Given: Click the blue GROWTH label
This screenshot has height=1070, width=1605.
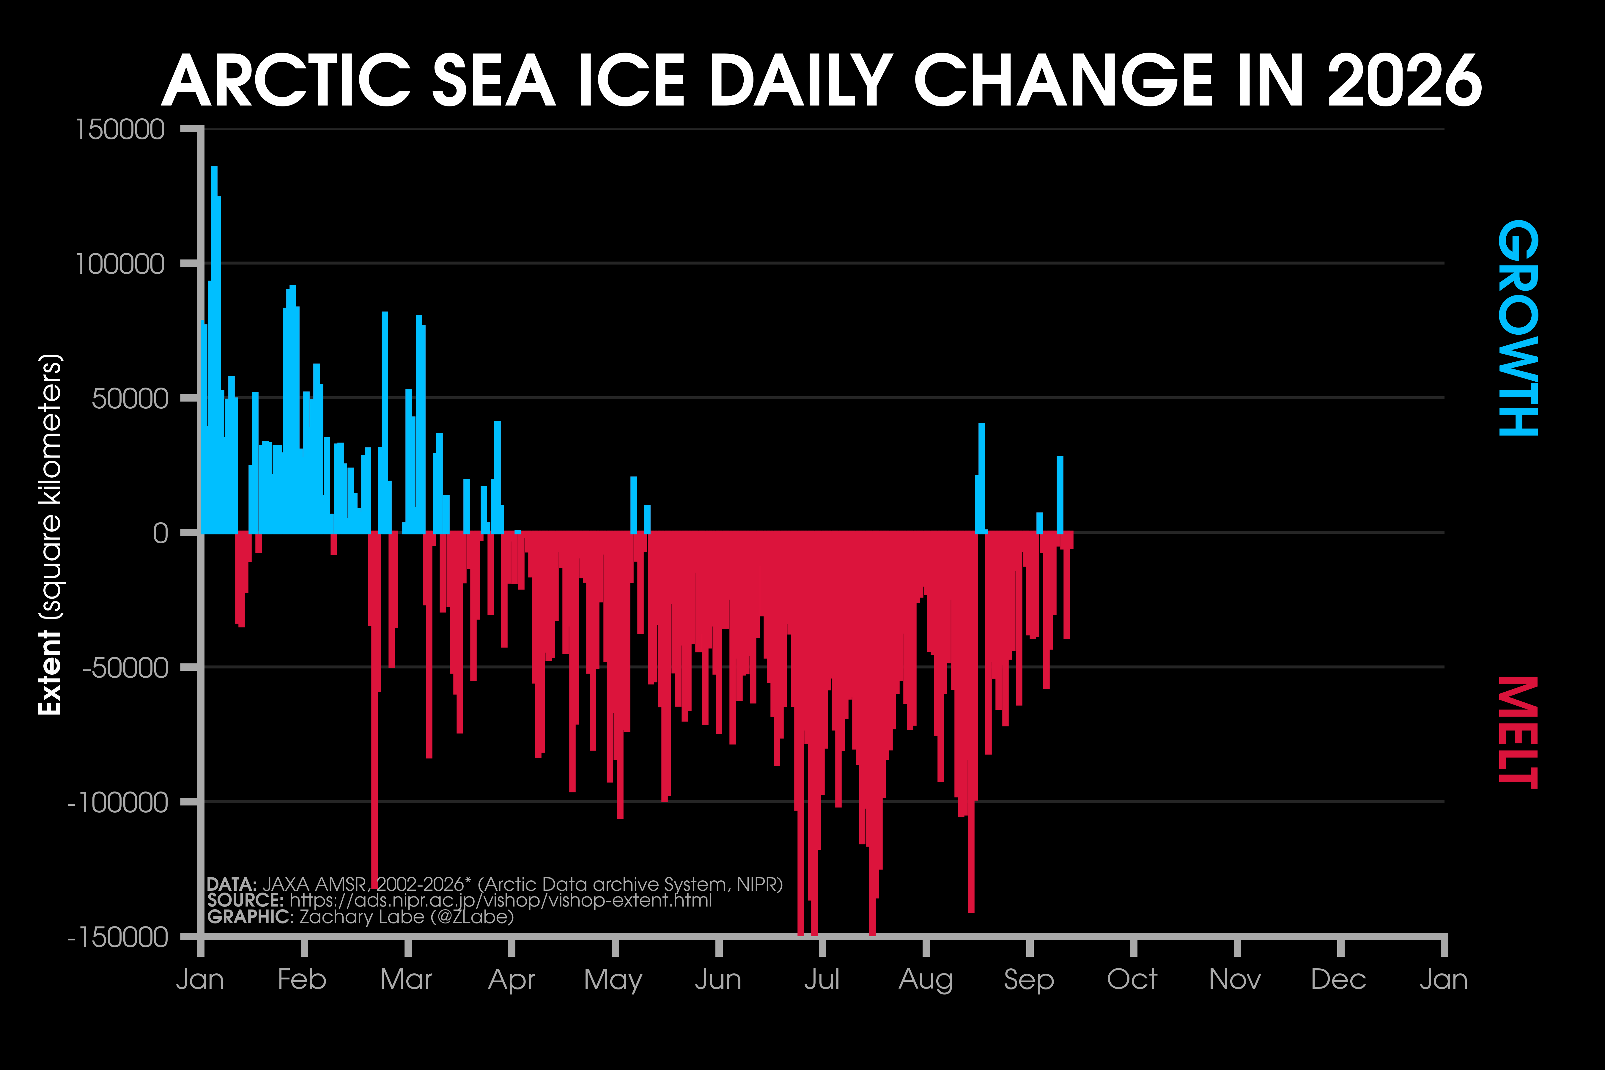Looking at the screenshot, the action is pyautogui.click(x=1518, y=328).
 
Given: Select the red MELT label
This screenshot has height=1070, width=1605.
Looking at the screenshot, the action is pyautogui.click(x=1518, y=731).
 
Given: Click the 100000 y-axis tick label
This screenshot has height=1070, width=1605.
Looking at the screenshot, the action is pyautogui.click(x=120, y=263).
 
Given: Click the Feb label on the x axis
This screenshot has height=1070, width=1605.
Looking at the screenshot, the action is pyautogui.click(x=302, y=979).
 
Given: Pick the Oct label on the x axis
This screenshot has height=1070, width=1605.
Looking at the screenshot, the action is pyautogui.click(x=1132, y=979).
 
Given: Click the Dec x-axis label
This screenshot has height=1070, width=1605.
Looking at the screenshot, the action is pyautogui.click(x=1338, y=979).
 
